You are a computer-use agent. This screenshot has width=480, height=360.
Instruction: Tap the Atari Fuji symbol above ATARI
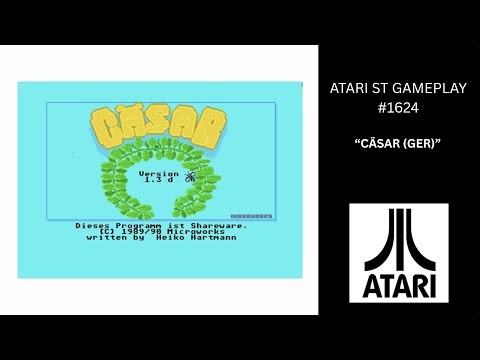399,238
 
